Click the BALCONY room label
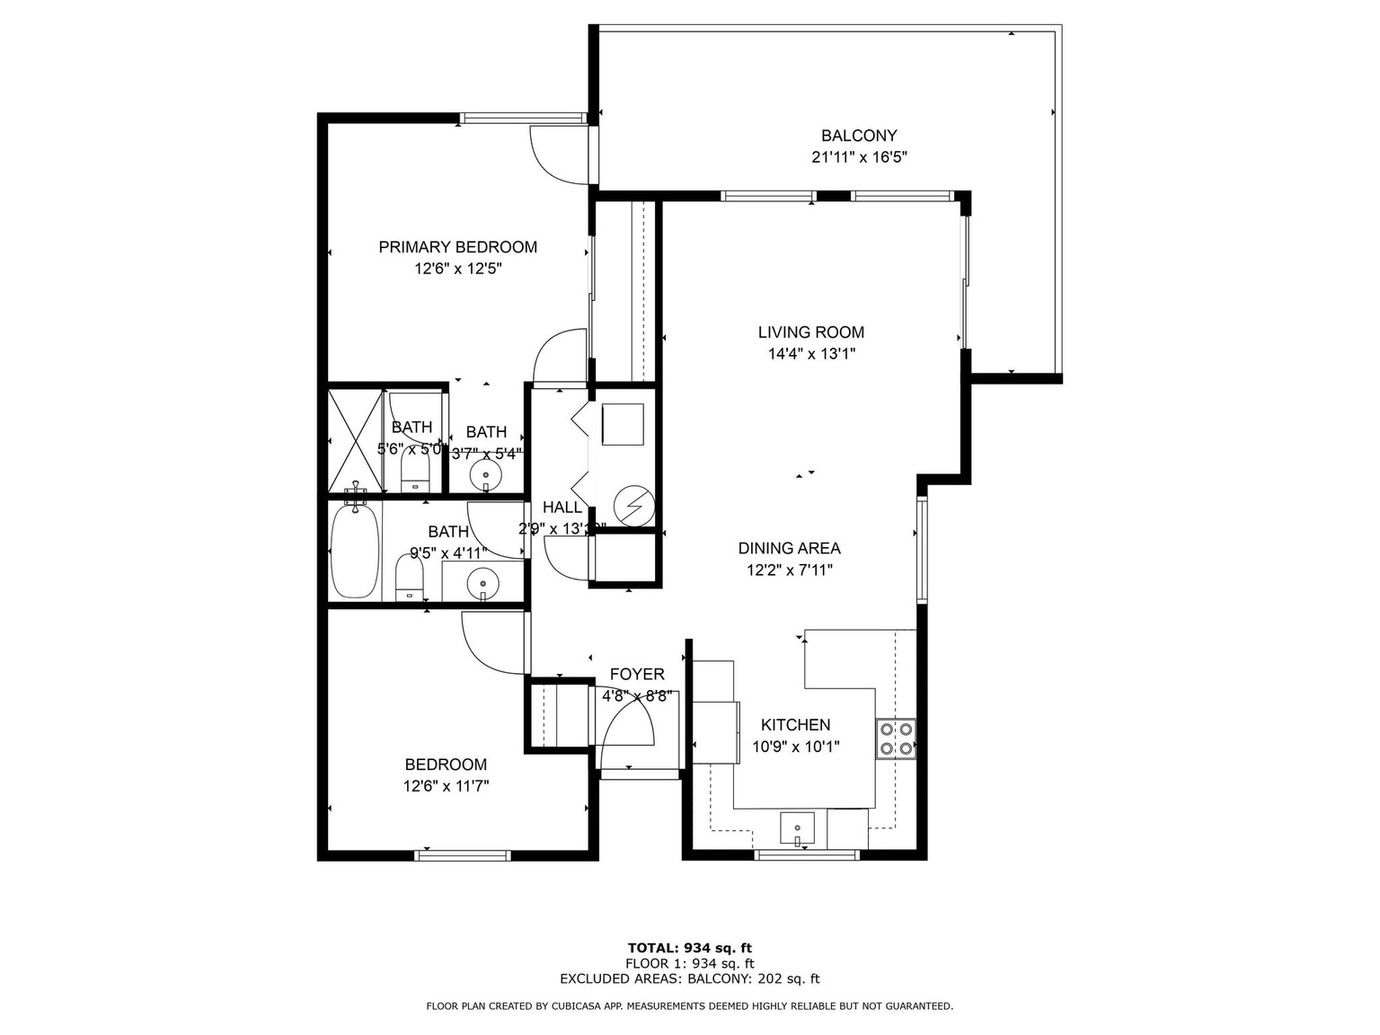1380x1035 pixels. click(x=858, y=136)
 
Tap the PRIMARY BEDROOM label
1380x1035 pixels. click(x=457, y=247)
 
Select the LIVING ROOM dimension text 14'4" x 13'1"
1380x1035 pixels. click(x=810, y=354)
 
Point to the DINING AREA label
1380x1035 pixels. click(x=789, y=548)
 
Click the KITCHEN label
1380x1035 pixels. click(x=795, y=725)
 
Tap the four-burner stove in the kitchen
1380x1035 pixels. click(x=896, y=739)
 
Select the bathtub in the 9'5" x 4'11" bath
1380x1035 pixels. click(x=355, y=551)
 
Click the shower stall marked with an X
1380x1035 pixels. click(x=356, y=440)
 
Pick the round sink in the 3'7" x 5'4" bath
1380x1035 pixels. click(x=486, y=473)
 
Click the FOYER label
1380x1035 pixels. click(x=637, y=675)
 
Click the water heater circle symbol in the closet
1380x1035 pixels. click(x=634, y=506)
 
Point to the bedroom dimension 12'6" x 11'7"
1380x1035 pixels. click(x=446, y=787)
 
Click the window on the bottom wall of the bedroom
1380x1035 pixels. click(x=463, y=854)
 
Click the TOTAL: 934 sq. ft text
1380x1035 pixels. click(x=689, y=947)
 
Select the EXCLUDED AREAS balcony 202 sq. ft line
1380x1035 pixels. click(x=689, y=979)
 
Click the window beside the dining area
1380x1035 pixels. click(x=921, y=550)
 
